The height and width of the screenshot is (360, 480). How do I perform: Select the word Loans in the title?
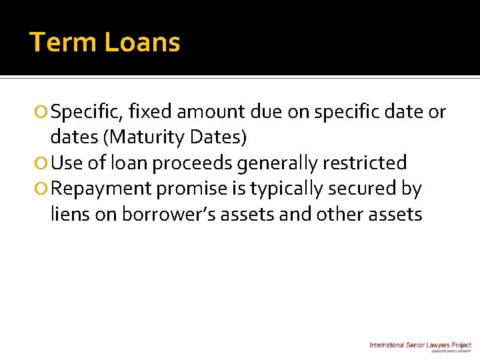[x=143, y=43]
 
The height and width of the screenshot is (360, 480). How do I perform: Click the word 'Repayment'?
[x=101, y=189]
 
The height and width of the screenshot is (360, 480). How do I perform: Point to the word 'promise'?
[x=192, y=189]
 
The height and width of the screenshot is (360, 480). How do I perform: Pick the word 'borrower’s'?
[x=169, y=214]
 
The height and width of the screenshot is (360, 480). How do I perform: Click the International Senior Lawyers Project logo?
[x=420, y=345]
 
